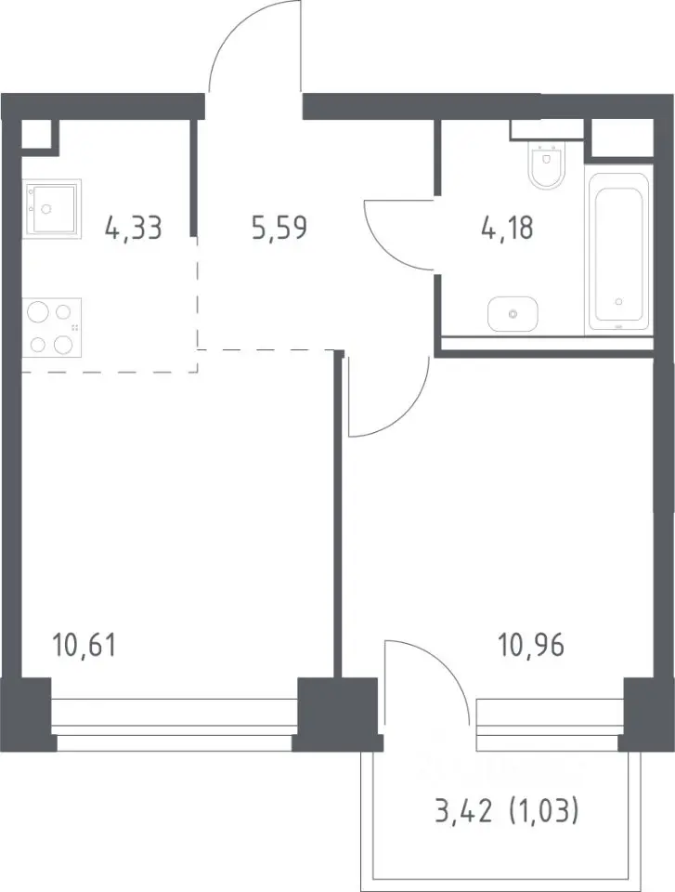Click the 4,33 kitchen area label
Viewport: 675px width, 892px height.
[134, 229]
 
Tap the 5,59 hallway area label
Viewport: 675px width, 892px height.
[279, 228]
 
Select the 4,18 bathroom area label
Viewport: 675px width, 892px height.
[505, 229]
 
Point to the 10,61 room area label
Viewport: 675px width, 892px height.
[84, 646]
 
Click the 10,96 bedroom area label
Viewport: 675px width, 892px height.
[531, 646]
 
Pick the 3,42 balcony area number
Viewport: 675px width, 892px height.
[463, 811]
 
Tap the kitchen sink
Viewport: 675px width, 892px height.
[52, 206]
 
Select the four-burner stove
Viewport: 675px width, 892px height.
[52, 328]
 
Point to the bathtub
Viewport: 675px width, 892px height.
[618, 250]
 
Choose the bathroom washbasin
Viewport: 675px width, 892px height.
[513, 313]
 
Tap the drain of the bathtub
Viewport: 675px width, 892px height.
[618, 302]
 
